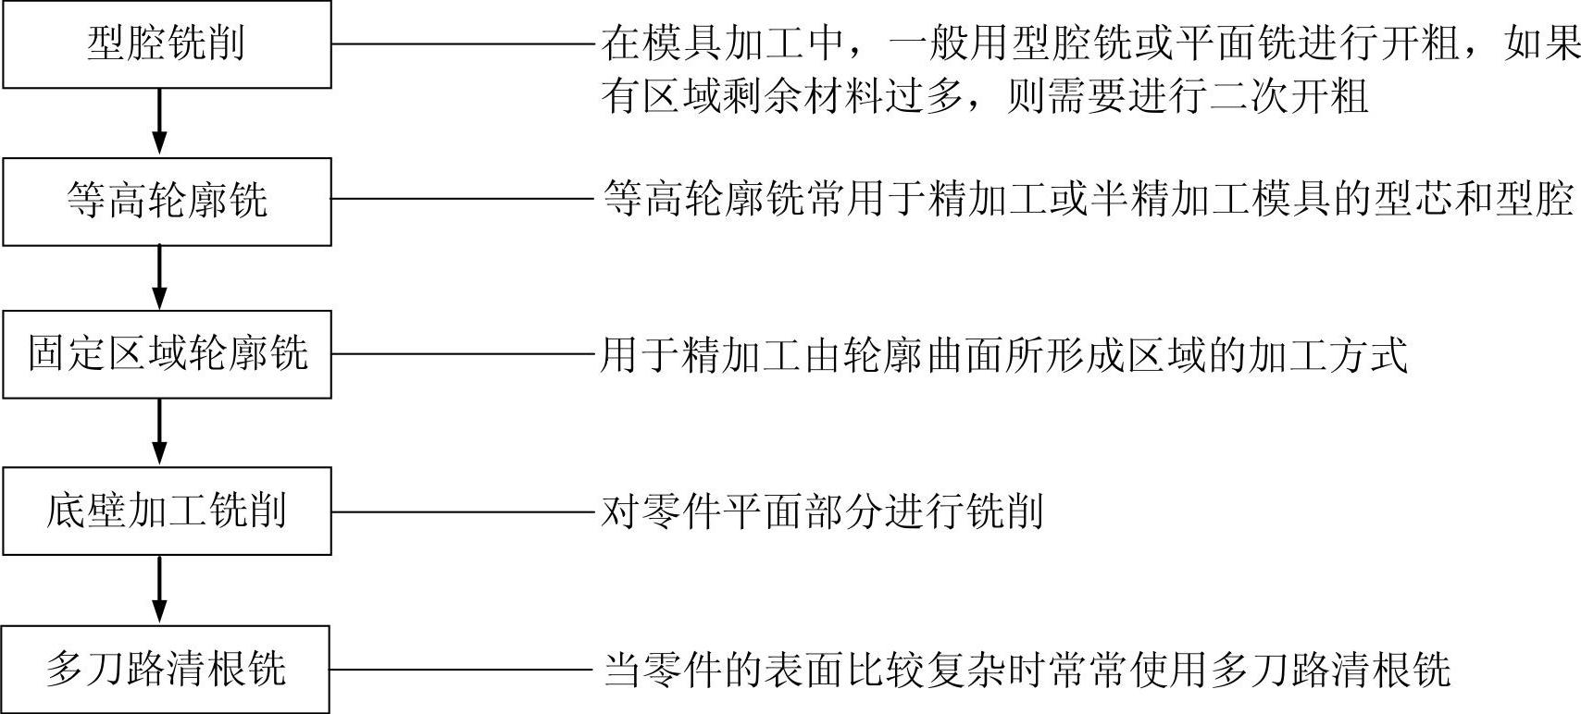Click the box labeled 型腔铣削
(167, 44)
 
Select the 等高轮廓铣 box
(167, 201)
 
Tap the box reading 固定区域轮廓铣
(167, 354)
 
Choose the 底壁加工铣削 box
(167, 511)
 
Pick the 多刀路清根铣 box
(167, 669)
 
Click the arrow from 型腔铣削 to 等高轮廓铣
(159, 121)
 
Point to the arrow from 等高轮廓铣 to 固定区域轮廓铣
(159, 277)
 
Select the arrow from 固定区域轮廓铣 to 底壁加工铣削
(159, 432)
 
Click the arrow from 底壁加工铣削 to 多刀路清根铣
(159, 589)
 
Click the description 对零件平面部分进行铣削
(823, 511)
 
